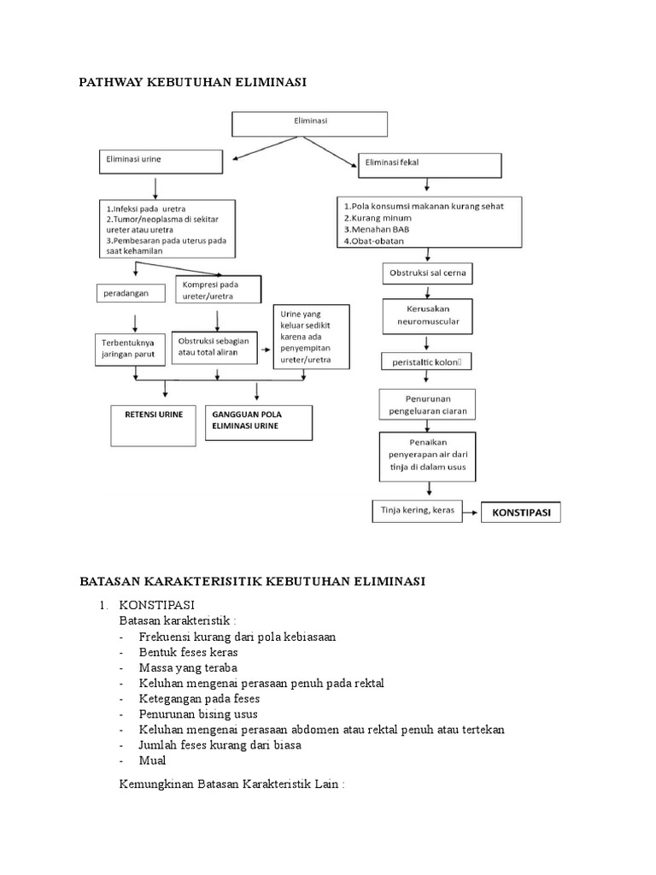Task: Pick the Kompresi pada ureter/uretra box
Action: click(218, 291)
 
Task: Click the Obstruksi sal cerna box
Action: click(427, 274)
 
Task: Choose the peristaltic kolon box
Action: click(427, 363)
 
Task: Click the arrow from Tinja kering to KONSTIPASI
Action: click(469, 513)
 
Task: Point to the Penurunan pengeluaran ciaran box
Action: click(427, 405)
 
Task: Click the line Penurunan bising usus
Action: click(198, 714)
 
